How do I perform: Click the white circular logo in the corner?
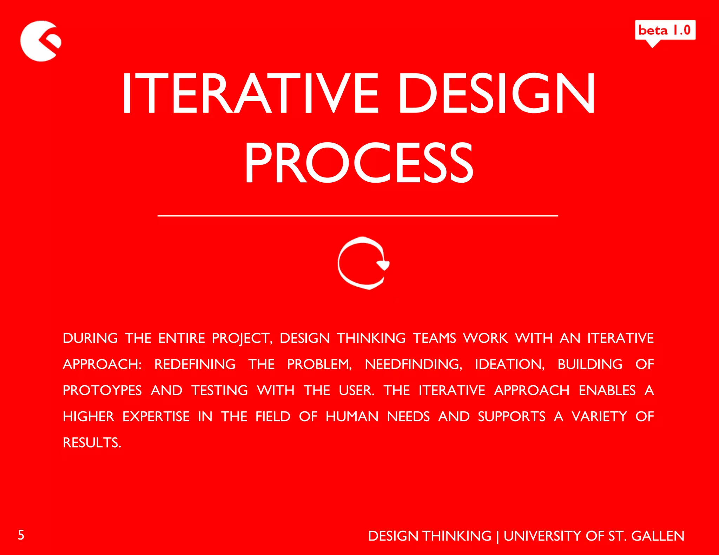click(40, 41)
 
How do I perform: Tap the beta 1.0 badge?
click(665, 30)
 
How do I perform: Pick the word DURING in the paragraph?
click(90, 338)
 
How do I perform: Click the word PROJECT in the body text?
click(242, 339)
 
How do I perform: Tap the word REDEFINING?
click(195, 364)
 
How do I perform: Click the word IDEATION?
click(509, 364)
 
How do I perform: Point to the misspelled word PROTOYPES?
click(102, 391)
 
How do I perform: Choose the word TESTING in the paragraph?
click(219, 391)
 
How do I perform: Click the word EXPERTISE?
click(156, 417)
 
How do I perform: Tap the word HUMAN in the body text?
click(352, 417)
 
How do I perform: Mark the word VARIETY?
click(599, 417)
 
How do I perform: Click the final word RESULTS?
click(92, 443)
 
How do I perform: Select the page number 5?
click(21, 535)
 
